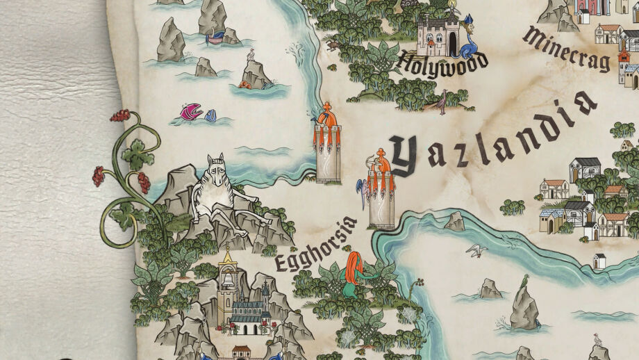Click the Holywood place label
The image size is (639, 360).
(x=442, y=63)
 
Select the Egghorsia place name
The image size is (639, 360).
(x=315, y=244)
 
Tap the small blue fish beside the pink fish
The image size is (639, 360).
(x=210, y=115)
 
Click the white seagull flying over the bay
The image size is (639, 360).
(x=476, y=249)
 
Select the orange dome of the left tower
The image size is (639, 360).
(x=327, y=120)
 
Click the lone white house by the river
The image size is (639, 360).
(x=599, y=261)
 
